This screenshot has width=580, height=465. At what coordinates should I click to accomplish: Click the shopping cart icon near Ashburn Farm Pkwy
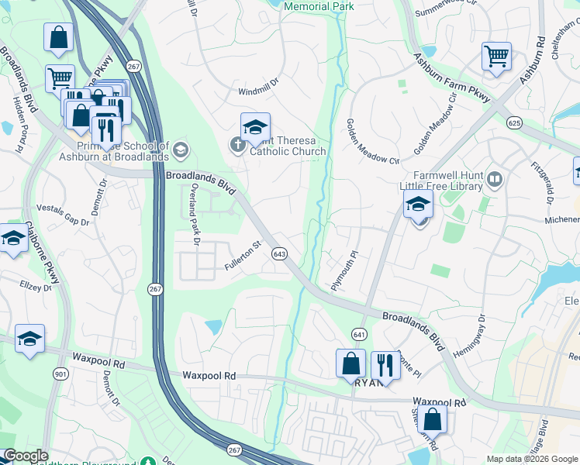pyautogui.click(x=496, y=57)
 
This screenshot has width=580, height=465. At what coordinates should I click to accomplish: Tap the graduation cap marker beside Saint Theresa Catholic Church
pyautogui.click(x=255, y=127)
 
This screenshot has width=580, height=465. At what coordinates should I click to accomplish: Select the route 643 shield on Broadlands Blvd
pyautogui.click(x=281, y=254)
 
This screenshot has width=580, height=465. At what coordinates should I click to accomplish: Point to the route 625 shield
pyautogui.click(x=513, y=122)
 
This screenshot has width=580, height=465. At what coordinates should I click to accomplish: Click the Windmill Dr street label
pyautogui.click(x=257, y=91)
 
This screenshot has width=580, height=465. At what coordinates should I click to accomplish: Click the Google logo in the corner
pyautogui.click(x=26, y=456)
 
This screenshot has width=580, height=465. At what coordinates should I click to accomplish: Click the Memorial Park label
pyautogui.click(x=319, y=6)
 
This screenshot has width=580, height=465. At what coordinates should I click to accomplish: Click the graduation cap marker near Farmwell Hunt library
pyautogui.click(x=418, y=206)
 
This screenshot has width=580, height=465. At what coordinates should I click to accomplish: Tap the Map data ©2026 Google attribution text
pyautogui.click(x=532, y=459)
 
